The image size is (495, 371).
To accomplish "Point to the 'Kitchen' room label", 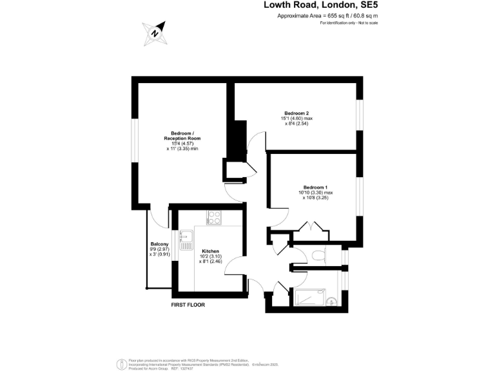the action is pyautogui.click(x=211, y=251).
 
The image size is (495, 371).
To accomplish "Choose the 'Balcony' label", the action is pyautogui.click(x=159, y=243).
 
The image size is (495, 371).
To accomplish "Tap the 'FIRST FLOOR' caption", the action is pyautogui.click(x=188, y=305).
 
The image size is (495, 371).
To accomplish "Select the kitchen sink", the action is pyautogui.click(x=186, y=240).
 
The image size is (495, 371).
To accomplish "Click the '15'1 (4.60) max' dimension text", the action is pyautogui.click(x=297, y=119).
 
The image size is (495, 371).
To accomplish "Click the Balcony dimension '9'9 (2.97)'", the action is pyautogui.click(x=159, y=249).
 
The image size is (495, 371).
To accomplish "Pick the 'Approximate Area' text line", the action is pyautogui.click(x=327, y=15).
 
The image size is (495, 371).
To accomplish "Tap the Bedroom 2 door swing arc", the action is pyautogui.click(x=256, y=139).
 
